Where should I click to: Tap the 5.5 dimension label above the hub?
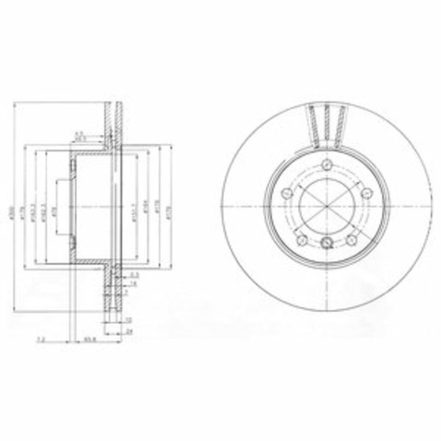point(80,133)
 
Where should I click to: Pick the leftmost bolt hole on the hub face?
point(288,192)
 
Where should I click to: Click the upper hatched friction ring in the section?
point(114,114)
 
